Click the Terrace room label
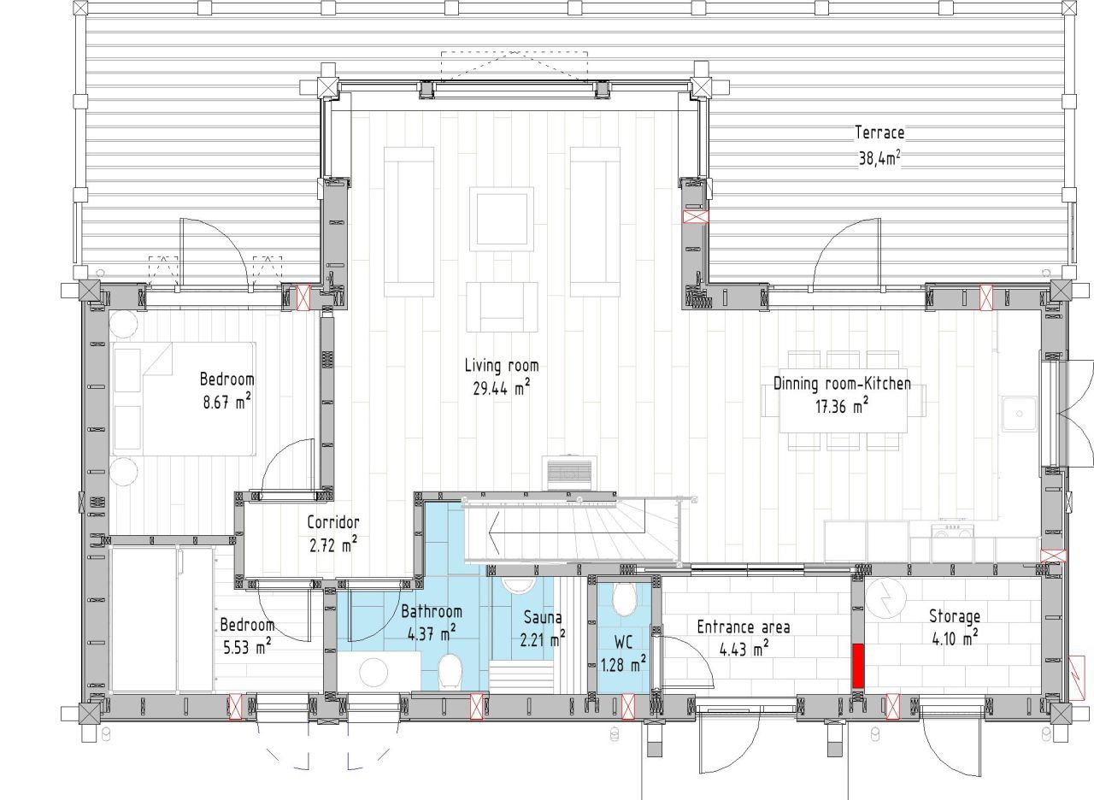[x=879, y=132]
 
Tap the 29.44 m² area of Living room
[x=502, y=388]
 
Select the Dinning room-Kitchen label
[x=842, y=384]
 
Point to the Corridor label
[x=333, y=522]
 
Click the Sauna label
[x=543, y=617]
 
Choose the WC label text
[x=623, y=642]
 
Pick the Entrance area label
[x=743, y=627]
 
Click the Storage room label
[x=955, y=616]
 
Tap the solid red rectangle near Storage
[x=858, y=666]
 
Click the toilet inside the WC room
[x=624, y=600]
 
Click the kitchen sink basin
[x=1019, y=415]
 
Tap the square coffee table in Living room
[x=502, y=219]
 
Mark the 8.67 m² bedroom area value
[x=227, y=402]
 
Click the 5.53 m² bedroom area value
[x=247, y=647]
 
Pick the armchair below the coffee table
[x=502, y=307]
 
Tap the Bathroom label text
[x=432, y=611]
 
